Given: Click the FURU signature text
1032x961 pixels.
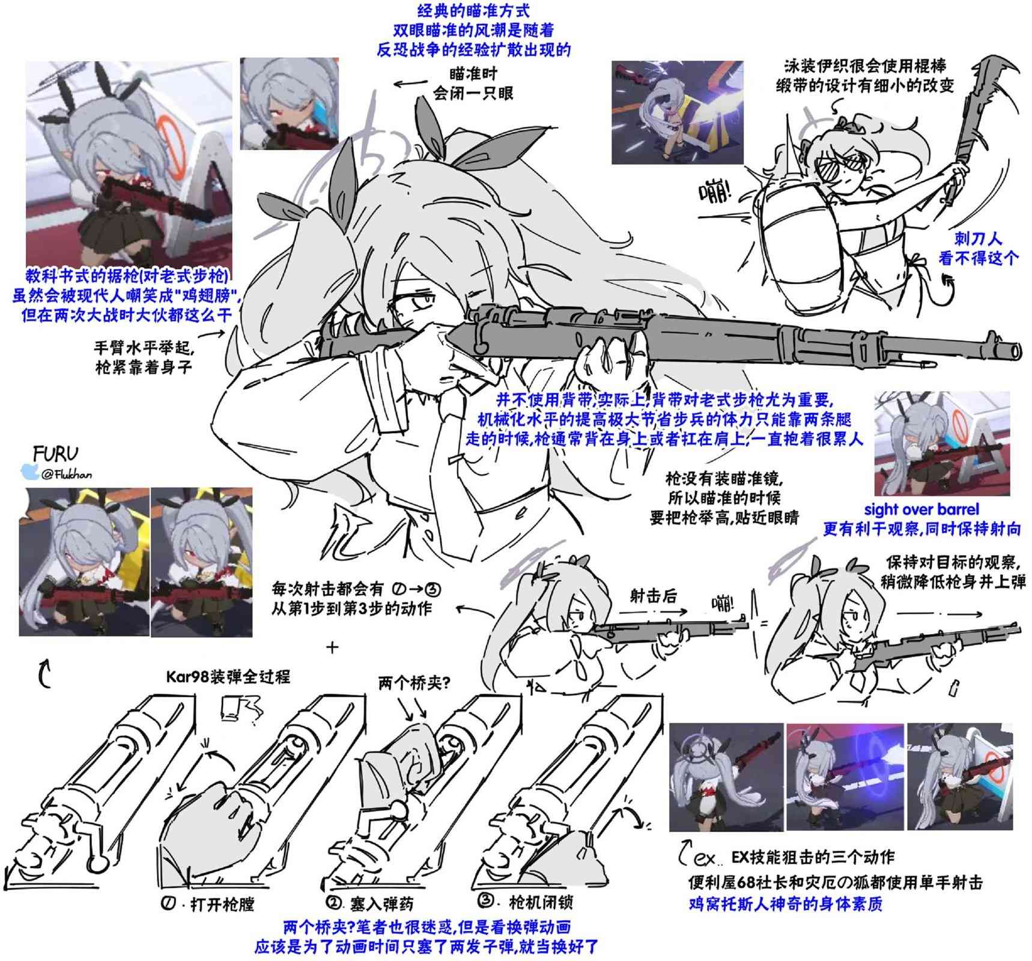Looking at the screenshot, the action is click(56, 453).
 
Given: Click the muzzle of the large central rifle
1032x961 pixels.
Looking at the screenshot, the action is click(1016, 350).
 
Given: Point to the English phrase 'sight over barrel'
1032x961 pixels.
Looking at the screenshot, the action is click(921, 509).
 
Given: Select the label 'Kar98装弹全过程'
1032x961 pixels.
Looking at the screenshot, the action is click(228, 677).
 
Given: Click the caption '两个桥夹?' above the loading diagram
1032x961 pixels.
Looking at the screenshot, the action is click(414, 683).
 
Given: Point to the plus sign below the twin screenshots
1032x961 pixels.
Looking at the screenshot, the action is click(332, 647).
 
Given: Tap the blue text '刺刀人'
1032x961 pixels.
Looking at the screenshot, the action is click(979, 238).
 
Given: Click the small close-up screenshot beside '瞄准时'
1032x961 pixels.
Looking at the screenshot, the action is click(289, 104).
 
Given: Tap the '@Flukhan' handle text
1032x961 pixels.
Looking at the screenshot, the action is click(67, 474).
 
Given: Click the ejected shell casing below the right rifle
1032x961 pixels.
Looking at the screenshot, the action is click(953, 688).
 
